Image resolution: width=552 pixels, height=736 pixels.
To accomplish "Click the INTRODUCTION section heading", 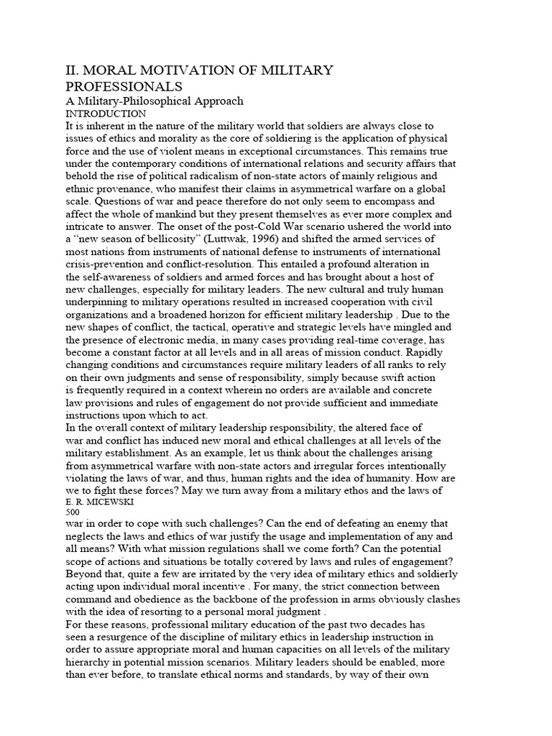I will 105,114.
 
